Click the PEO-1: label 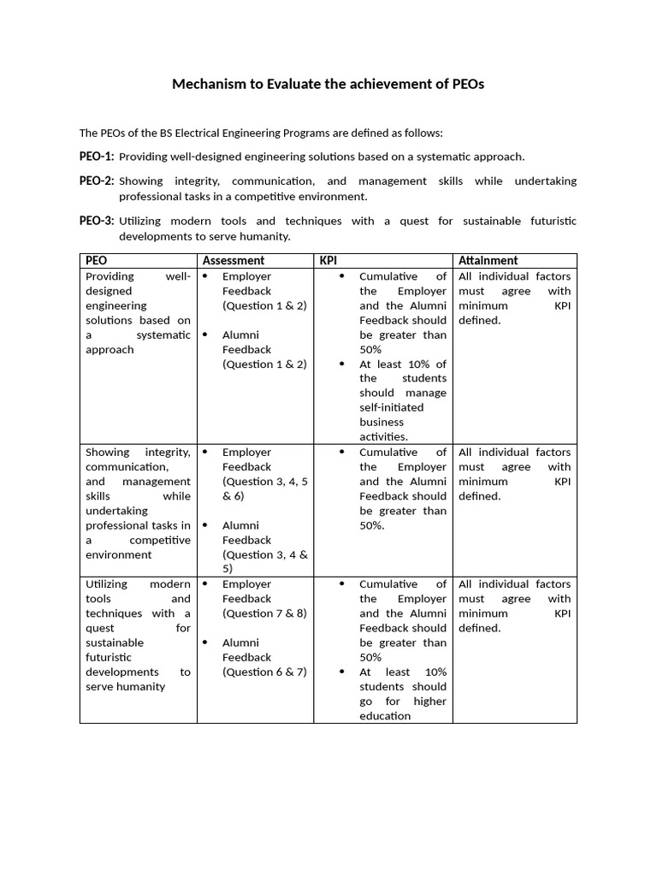(97, 157)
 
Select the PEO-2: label (97, 181)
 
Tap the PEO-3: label (97, 221)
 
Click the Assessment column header (233, 260)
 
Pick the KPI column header (328, 260)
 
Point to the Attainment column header (488, 260)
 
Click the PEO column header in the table (96, 260)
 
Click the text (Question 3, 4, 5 (264, 482)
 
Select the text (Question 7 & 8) (264, 613)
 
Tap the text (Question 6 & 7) (264, 672)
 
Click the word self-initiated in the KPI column (391, 407)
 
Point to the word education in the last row (385, 715)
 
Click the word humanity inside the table (139, 686)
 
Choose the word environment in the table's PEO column (119, 554)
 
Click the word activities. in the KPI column (383, 436)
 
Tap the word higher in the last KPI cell (429, 701)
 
